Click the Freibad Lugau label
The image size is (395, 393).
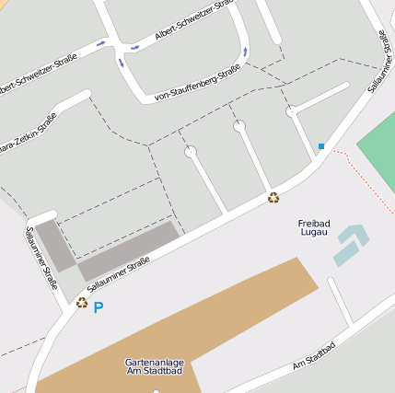[x=314, y=228]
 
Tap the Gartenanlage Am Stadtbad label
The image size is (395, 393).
[x=154, y=366]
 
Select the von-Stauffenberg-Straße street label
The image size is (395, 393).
[x=197, y=82]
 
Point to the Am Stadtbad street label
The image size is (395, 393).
[x=313, y=355]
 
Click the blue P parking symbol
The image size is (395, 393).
[x=99, y=308]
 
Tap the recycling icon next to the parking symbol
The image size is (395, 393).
[x=82, y=302]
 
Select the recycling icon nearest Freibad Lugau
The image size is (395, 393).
[x=273, y=197]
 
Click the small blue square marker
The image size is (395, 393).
[x=321, y=146]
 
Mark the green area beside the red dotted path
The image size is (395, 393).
[x=378, y=138]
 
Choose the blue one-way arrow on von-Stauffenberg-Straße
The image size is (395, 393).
[x=245, y=52]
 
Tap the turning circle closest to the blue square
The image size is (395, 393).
[x=291, y=111]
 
